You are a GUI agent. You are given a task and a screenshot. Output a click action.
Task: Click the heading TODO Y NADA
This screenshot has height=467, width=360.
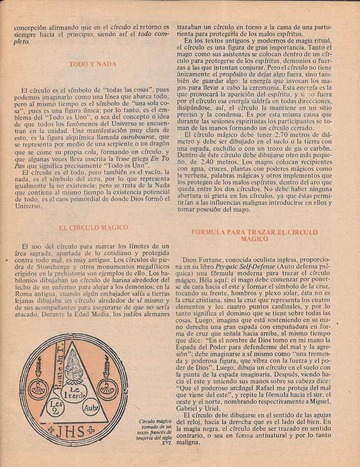pos(93,64)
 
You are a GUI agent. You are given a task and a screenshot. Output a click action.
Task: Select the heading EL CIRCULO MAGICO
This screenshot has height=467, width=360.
pos(93,227)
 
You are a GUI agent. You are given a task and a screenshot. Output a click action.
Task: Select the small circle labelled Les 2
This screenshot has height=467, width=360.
pos(56,406)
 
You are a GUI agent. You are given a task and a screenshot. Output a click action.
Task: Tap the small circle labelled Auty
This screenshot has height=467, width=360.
pos(91,407)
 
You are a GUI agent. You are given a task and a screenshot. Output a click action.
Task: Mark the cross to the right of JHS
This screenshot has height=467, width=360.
pos(91,429)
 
